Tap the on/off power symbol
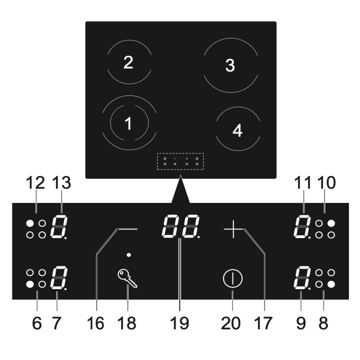click(232, 279)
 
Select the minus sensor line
click(128, 229)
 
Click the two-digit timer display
click(181, 226)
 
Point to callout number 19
click(180, 323)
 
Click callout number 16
click(95, 323)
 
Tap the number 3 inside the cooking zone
click(230, 65)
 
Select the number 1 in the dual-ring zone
click(128, 123)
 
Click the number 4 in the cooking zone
click(238, 130)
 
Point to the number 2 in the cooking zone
click(128, 62)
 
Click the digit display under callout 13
click(59, 226)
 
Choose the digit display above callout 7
click(59, 278)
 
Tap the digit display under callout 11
click(302, 226)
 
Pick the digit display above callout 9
click(302, 278)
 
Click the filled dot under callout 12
click(30, 223)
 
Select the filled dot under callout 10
click(331, 223)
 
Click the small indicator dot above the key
click(129, 255)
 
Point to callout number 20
click(231, 323)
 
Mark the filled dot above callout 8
click(331, 284)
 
